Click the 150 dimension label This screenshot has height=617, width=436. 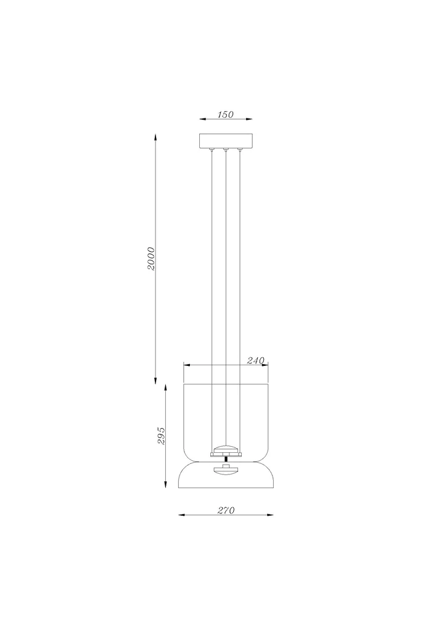(x=225, y=115)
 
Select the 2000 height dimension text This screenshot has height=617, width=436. (x=151, y=259)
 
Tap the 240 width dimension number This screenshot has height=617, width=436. (x=255, y=360)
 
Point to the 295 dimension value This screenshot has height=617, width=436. (x=161, y=436)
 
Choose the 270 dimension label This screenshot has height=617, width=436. (x=226, y=510)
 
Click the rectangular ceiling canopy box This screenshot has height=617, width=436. (x=226, y=141)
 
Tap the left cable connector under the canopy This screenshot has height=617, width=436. (x=212, y=149)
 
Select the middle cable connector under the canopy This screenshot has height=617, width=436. (x=226, y=149)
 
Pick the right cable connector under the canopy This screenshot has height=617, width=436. (x=239, y=149)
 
